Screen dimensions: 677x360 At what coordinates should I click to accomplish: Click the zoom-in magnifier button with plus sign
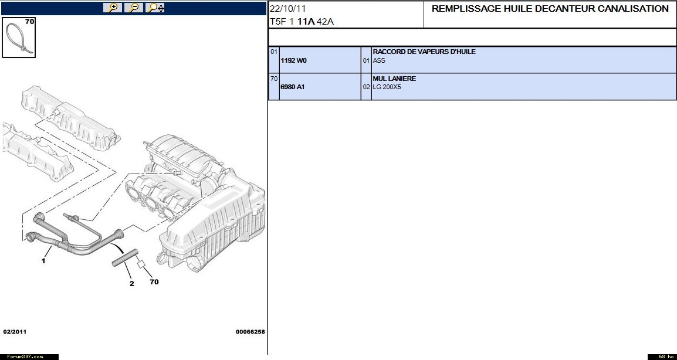113,8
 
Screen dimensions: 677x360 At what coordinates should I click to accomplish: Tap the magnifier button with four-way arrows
155,8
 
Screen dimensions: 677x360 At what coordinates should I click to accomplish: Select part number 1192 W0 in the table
293,60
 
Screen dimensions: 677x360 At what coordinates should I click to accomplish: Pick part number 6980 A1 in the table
293,87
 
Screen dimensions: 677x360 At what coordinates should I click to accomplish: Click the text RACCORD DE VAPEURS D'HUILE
424,52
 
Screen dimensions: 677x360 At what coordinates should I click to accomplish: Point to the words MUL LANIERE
394,79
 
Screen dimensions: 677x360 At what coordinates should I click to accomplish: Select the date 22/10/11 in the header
287,9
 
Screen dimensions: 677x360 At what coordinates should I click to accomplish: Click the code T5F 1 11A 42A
302,22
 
